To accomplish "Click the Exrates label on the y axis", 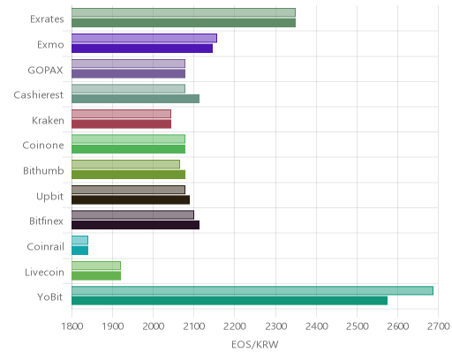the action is coord(47,19).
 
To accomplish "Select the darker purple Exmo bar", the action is coord(142,49).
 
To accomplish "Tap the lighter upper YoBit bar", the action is coord(252,290).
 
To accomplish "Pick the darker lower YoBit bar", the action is coord(230,301).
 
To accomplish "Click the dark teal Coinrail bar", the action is coord(79,251).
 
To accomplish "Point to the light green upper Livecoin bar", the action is coord(96,266).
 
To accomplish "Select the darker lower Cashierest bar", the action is coord(135,99).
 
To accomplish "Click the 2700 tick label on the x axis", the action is coord(439,326).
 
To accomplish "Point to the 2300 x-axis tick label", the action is coord(275,326).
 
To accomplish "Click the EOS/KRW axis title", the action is coord(255,344).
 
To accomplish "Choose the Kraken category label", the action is coord(48,121).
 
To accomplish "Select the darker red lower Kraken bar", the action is coord(121,124).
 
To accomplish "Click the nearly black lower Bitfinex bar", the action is coord(135,225).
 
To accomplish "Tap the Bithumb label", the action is coord(43,171).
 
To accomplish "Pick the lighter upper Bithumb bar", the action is coord(125,164).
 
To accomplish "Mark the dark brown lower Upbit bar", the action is coord(131,199).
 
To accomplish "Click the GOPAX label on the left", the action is coord(45,71).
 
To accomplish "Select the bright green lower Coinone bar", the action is coord(128,149).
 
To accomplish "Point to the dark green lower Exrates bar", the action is coord(184,23).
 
